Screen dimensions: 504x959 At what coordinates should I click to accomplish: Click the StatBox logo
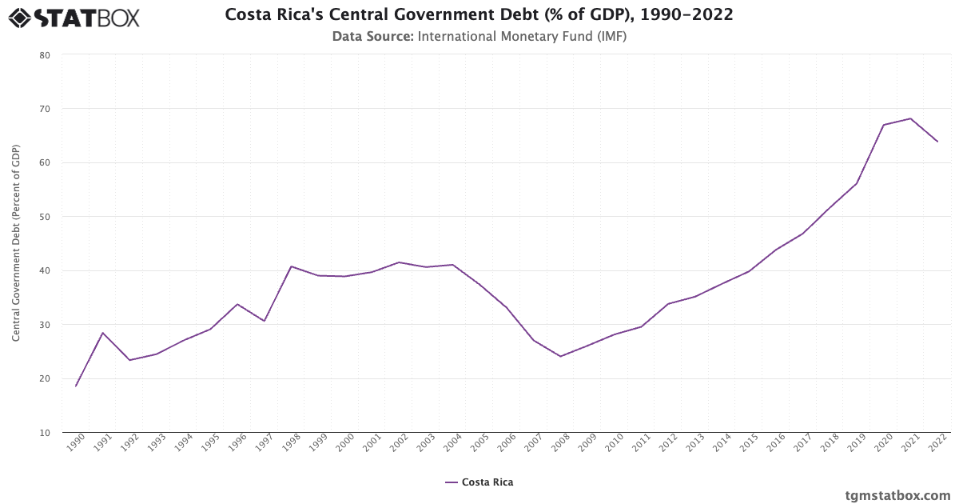(x=74, y=18)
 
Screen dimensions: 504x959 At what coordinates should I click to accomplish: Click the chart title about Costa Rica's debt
(x=479, y=15)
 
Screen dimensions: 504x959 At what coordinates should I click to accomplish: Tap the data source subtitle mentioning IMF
(x=479, y=36)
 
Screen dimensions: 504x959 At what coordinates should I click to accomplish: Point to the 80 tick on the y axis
(x=44, y=55)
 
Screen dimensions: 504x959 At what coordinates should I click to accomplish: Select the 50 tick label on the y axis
(x=44, y=217)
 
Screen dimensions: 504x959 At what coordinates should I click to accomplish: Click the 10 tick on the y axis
(x=44, y=433)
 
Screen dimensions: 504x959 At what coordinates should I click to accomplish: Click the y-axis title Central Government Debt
(x=16, y=243)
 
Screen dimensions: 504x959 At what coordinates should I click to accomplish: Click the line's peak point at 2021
(x=910, y=118)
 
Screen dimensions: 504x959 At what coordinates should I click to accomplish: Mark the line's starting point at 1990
(x=76, y=386)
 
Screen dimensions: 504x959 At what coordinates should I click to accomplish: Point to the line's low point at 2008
(x=560, y=356)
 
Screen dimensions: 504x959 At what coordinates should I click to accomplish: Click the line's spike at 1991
(x=102, y=333)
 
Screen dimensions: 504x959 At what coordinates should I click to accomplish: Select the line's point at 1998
(x=291, y=266)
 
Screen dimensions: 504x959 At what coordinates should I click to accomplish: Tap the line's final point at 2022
(x=937, y=142)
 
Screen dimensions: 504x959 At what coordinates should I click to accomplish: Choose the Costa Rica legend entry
(x=479, y=482)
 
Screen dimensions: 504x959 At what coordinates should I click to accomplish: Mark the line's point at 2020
(x=883, y=125)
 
